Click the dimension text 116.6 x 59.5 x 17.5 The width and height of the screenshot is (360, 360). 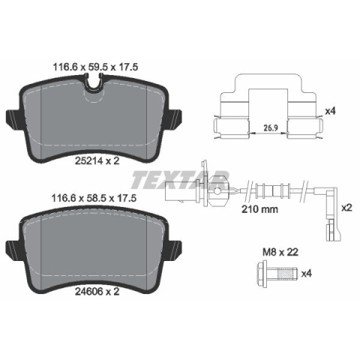click(x=95, y=67)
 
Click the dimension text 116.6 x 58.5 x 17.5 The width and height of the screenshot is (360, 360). click(x=94, y=198)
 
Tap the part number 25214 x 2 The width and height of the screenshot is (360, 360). click(x=97, y=161)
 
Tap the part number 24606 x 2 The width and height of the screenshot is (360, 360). click(x=97, y=291)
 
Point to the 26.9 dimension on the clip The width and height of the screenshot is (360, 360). click(x=271, y=127)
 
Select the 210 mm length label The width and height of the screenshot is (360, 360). click(x=259, y=209)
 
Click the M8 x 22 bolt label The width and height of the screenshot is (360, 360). click(x=280, y=252)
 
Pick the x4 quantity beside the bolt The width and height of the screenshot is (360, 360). click(x=307, y=274)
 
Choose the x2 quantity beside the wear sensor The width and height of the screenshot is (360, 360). click(x=346, y=208)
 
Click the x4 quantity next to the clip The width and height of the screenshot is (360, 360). click(x=330, y=111)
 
